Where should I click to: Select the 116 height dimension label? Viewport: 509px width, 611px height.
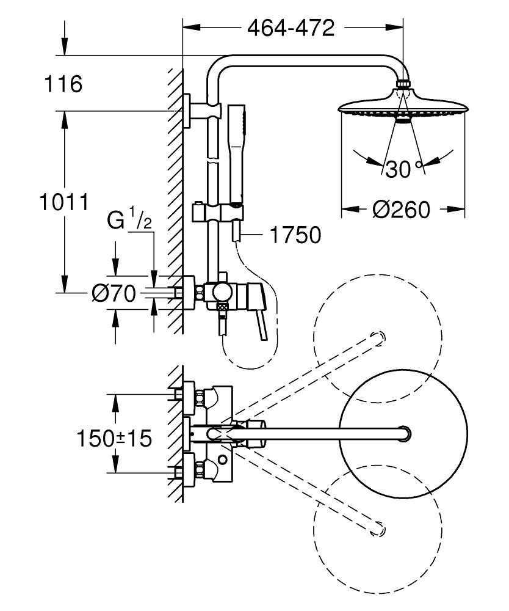pos(63,84)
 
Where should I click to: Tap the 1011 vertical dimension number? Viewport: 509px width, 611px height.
pos(63,201)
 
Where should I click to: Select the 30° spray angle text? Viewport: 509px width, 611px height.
pos(403,168)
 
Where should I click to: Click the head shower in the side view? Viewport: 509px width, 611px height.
pos(403,107)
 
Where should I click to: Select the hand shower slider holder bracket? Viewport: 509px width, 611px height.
pos(217,212)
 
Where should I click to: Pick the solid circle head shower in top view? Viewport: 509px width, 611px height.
pos(403,434)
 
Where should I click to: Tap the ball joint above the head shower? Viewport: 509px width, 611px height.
pos(403,84)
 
